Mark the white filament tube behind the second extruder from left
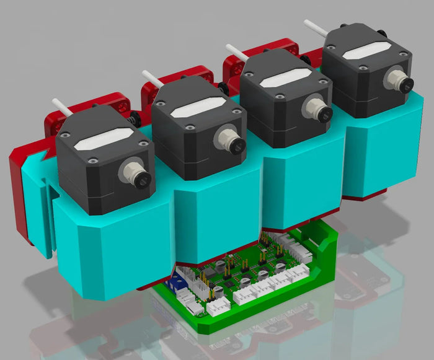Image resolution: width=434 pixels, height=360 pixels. click(x=152, y=77)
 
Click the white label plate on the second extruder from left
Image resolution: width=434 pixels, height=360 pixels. click(x=193, y=109)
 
